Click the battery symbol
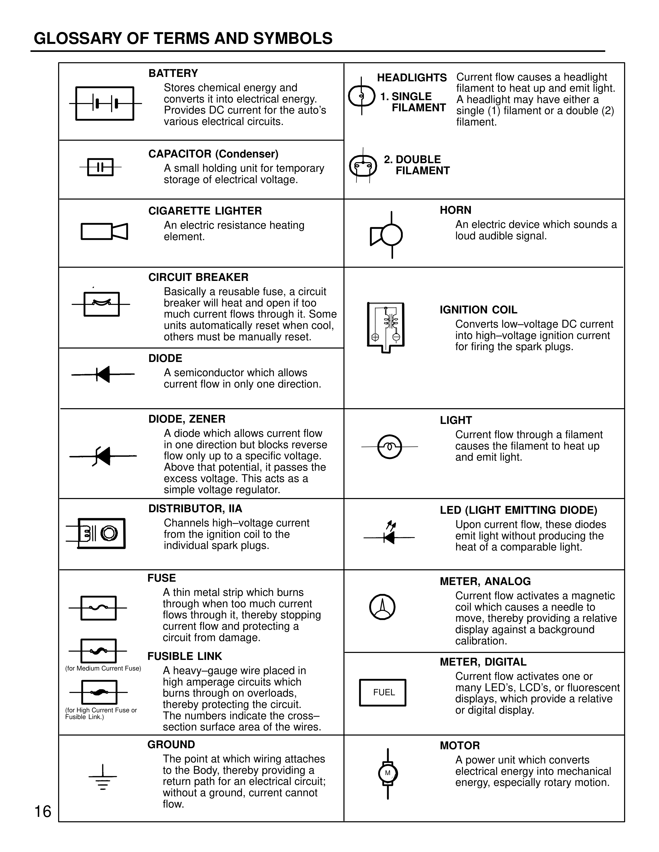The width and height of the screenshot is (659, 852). (105, 103)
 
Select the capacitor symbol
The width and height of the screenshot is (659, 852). (100, 167)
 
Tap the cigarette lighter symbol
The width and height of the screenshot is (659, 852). (104, 231)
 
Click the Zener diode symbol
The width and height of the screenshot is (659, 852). (103, 456)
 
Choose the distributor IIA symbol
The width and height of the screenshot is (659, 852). (101, 533)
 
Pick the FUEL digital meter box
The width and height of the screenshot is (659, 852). (382, 692)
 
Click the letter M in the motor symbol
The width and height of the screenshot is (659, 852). (388, 773)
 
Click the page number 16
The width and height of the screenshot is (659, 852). (43, 812)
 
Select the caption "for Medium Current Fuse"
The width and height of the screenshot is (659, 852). (103, 668)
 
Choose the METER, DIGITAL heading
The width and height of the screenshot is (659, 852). (483, 662)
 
